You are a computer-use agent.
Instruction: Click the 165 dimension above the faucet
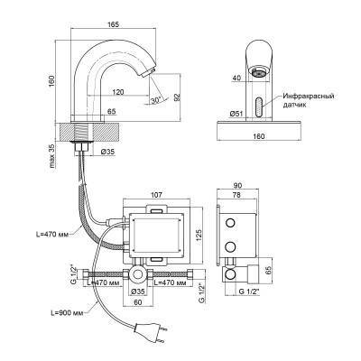115,24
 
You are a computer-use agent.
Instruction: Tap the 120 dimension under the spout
118,92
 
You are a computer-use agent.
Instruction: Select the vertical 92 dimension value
177,97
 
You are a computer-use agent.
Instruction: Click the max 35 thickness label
52,156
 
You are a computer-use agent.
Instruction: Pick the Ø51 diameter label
236,114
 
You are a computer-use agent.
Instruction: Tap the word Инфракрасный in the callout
309,97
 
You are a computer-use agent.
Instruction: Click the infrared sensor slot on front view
259,106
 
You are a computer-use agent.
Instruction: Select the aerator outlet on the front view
258,72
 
